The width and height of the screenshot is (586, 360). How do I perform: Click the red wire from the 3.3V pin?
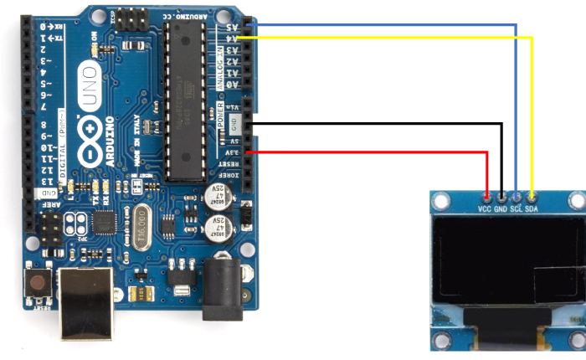377,152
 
